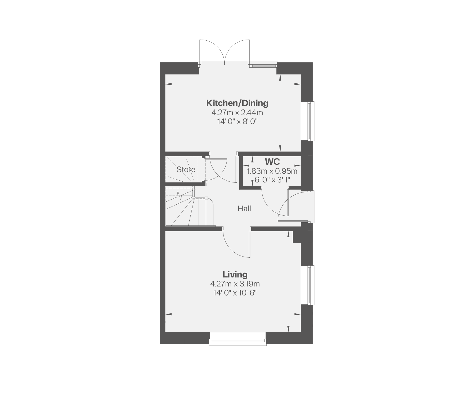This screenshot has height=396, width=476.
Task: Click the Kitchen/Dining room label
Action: click(237, 103)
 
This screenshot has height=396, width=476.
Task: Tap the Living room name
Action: click(235, 274)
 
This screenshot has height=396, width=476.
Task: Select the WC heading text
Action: click(272, 162)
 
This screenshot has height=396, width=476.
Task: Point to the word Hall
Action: click(244, 209)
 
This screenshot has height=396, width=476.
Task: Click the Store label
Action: click(186, 169)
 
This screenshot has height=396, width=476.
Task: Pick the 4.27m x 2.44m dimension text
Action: click(237, 113)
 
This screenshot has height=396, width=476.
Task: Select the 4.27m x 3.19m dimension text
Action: click(235, 284)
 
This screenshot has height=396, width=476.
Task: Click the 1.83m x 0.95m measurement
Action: click(272, 171)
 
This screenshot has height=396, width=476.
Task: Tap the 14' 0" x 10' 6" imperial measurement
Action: click(235, 293)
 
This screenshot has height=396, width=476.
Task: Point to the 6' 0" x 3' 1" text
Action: click(272, 180)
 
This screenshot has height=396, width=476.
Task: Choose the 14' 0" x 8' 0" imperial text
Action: click(237, 122)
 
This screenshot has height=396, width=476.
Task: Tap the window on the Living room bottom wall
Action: click(237, 342)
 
